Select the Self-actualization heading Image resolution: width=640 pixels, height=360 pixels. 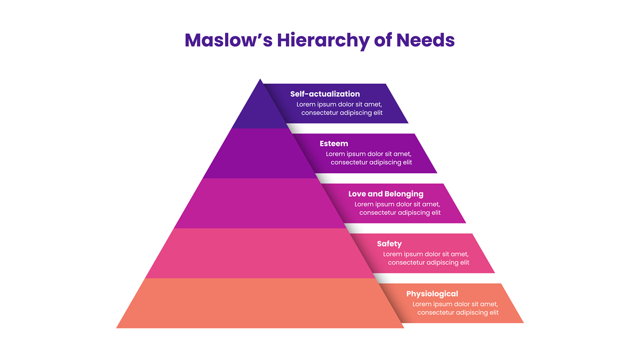point(325,94)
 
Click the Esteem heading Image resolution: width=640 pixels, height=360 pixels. point(334,143)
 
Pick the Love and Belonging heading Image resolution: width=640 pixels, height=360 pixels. point(386,194)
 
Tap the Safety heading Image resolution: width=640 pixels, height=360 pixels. point(389,244)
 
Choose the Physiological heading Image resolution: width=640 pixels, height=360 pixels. point(432,293)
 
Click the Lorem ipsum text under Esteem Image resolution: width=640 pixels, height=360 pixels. point(369,154)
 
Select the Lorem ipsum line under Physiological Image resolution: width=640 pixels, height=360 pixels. point(455,304)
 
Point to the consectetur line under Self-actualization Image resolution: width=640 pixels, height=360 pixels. point(342,113)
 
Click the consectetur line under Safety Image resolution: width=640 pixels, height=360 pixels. point(429,262)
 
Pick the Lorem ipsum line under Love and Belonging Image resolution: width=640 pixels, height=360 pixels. point(397,204)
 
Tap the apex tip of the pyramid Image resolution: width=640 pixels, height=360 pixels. point(260,81)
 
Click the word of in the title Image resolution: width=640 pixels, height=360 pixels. point(383,40)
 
